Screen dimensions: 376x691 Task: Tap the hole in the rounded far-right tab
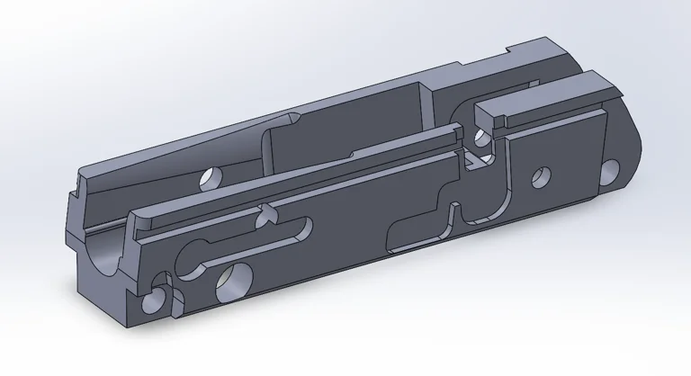coord(611,168)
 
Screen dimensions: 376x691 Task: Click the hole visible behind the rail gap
coord(480,137)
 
